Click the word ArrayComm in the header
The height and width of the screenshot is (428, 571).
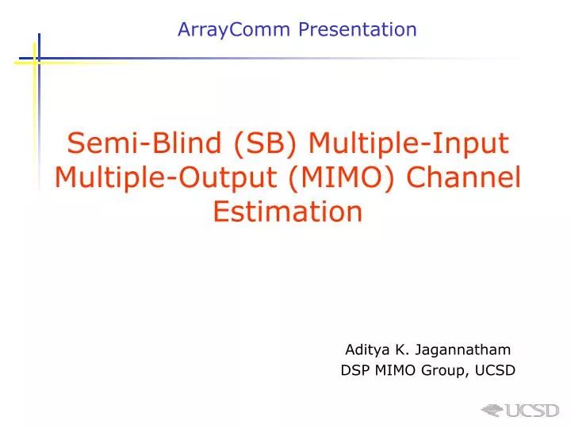(225, 30)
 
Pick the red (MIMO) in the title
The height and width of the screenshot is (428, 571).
(316, 178)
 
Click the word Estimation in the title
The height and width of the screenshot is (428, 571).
(287, 212)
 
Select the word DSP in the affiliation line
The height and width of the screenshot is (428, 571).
(354, 369)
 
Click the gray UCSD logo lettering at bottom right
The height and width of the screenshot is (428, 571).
(532, 411)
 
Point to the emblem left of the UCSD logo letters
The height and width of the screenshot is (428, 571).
(492, 411)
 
